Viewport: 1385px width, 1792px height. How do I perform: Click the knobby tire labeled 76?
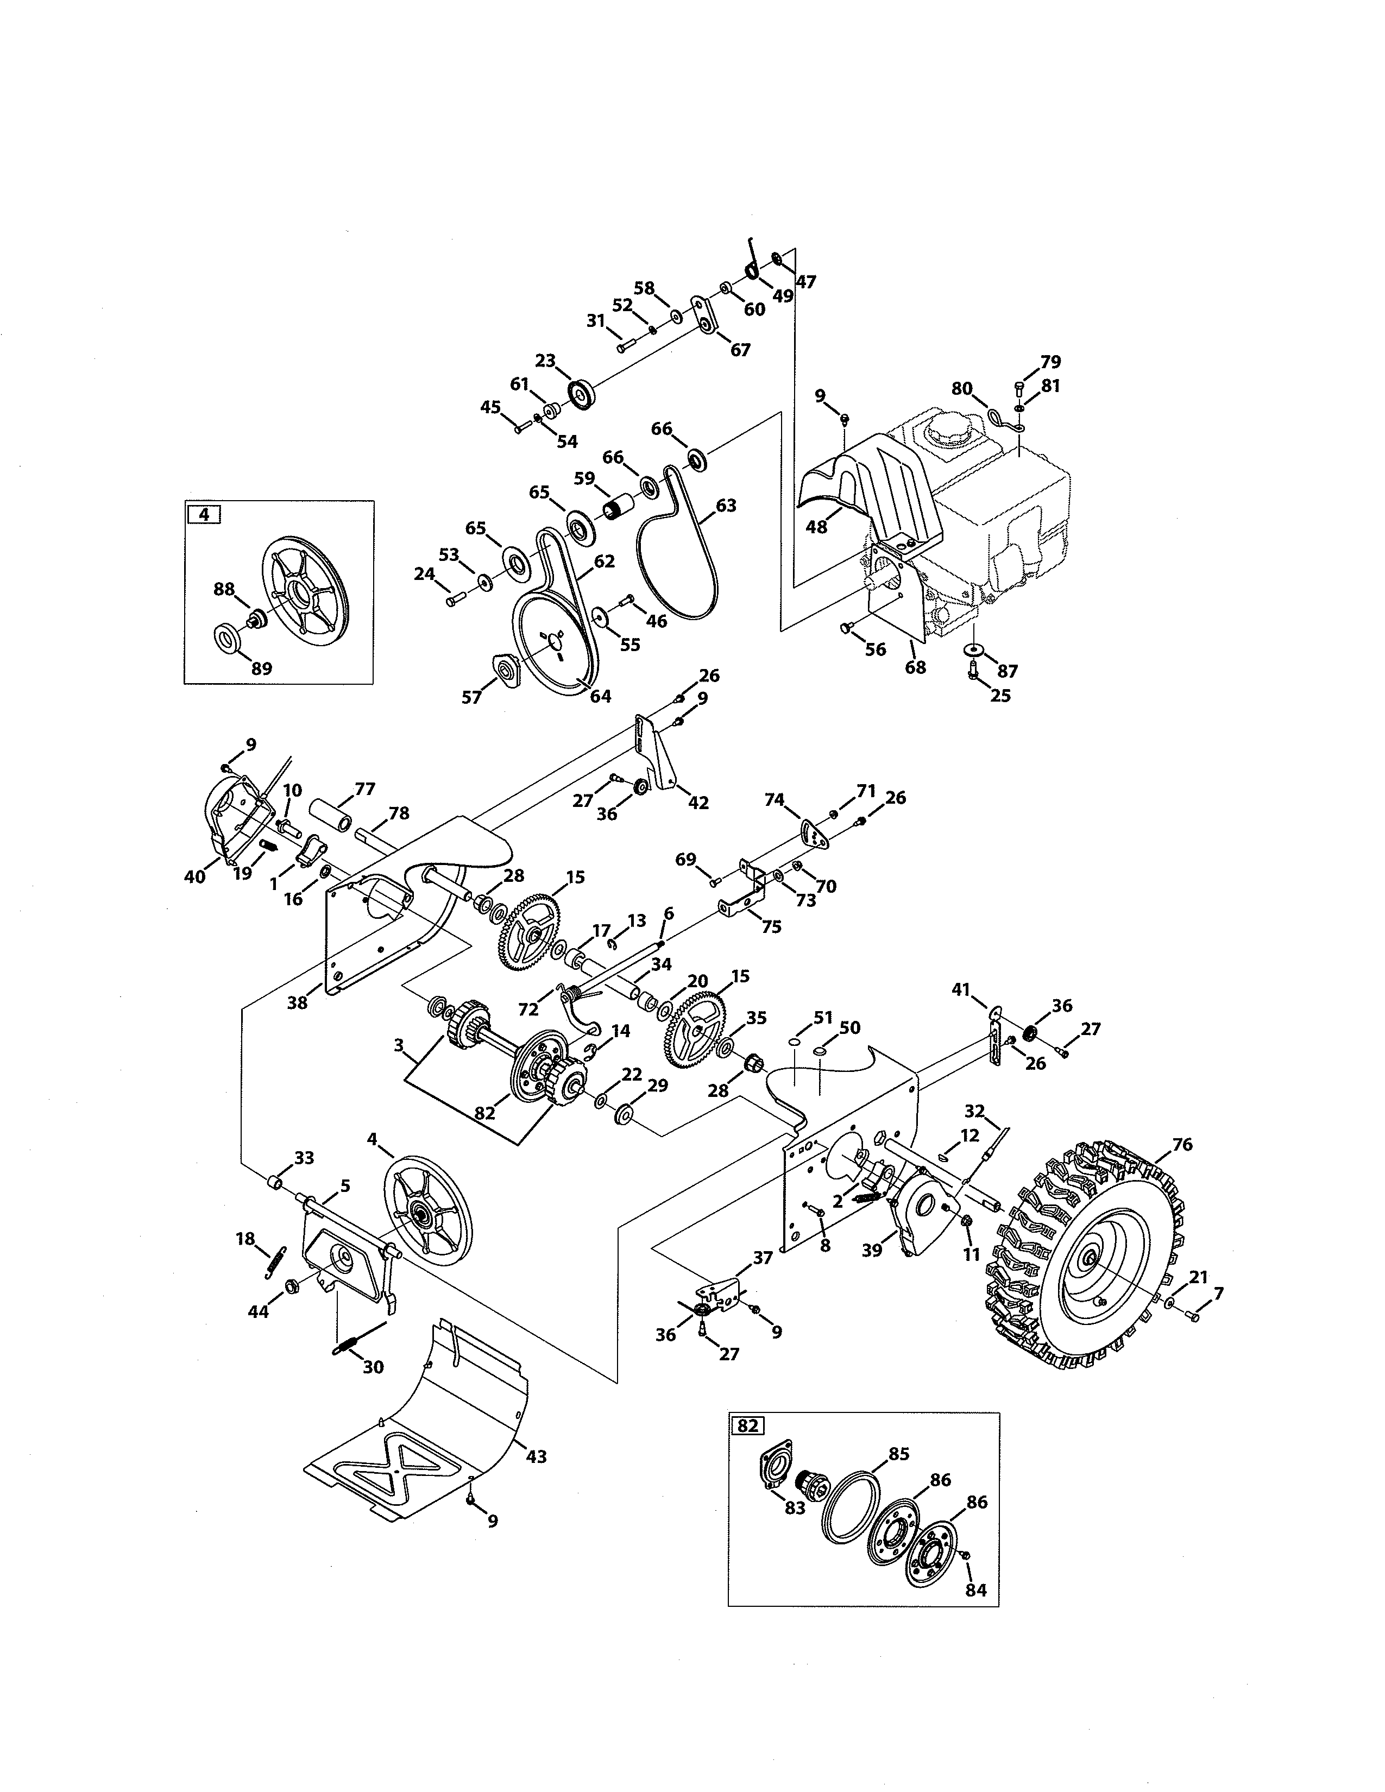point(1091,1256)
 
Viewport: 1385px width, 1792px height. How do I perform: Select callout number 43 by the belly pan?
point(536,1456)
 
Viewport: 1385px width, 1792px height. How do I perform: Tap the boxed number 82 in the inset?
point(747,1425)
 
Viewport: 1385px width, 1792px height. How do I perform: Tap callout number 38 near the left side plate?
point(297,1002)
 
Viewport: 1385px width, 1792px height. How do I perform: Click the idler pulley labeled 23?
point(581,393)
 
